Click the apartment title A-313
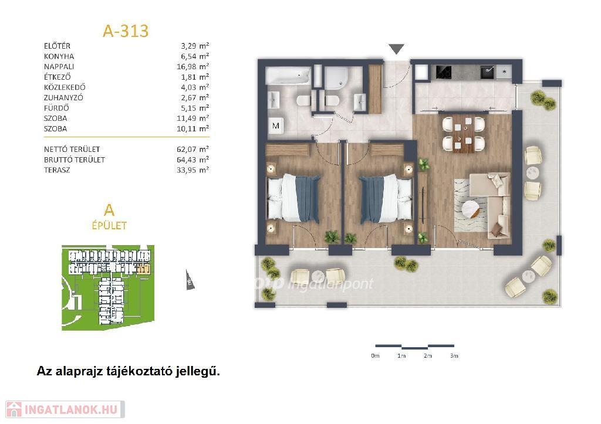126,31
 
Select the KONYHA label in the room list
59,56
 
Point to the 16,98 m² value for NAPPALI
193,67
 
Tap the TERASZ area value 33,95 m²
193,169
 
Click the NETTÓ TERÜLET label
72,150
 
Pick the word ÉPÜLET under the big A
109,226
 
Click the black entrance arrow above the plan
396,49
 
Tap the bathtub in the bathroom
288,76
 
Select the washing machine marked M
276,125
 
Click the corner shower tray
337,77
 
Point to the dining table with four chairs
464,134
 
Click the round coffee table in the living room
470,209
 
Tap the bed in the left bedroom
293,198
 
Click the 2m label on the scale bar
428,356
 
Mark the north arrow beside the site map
189,280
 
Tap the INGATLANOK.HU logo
65,410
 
